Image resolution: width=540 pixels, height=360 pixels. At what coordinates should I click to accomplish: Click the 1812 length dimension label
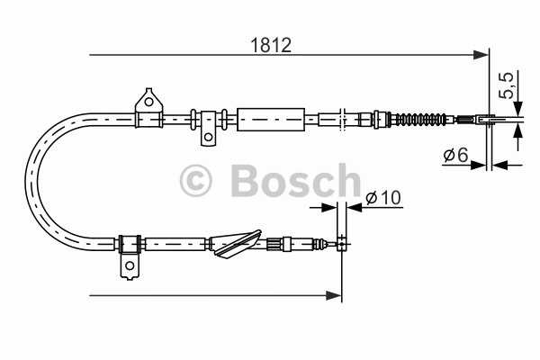271,45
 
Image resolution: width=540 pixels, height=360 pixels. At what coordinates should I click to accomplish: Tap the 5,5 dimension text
507,85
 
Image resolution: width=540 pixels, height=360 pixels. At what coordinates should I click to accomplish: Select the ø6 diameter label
456,154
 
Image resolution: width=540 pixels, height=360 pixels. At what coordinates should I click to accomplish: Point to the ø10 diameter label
383,197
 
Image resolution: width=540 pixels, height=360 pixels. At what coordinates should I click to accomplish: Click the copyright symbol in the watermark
195,181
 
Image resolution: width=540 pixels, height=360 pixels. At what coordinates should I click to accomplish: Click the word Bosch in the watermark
295,181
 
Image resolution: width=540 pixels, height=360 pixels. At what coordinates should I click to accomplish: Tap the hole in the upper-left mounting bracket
148,102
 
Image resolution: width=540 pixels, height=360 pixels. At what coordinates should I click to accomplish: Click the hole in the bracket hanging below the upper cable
208,137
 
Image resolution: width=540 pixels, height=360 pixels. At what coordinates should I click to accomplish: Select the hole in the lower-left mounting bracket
130,265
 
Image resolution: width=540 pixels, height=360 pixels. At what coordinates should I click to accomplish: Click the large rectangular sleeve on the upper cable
271,120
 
